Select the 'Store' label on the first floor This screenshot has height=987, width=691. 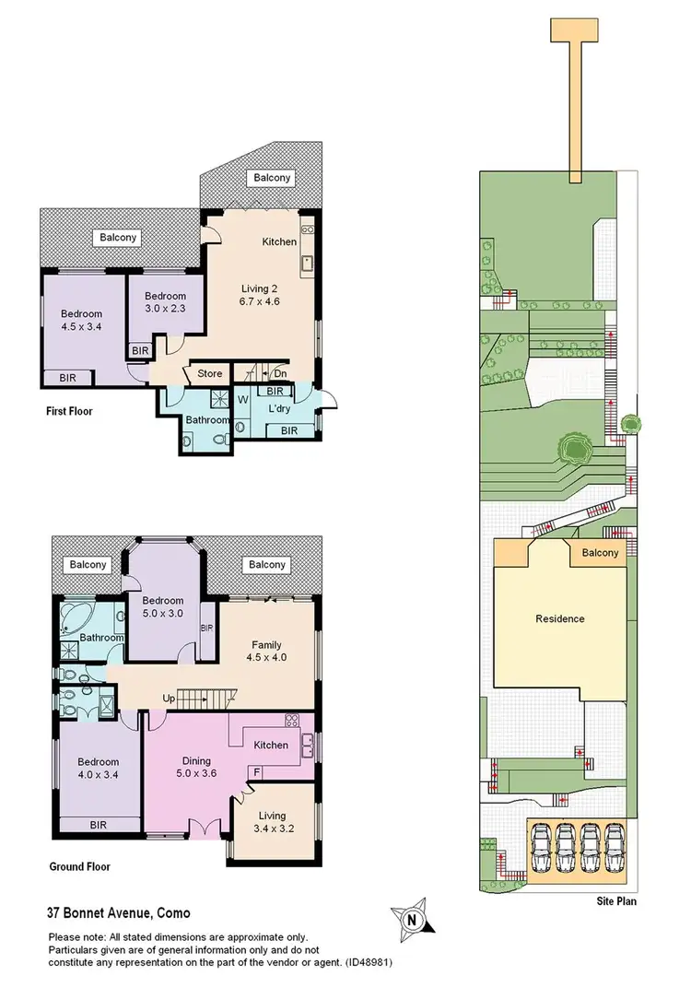(x=209, y=374)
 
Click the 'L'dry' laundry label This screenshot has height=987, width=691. (x=280, y=407)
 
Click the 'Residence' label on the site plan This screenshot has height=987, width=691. (x=560, y=618)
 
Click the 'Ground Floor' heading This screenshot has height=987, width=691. (x=79, y=867)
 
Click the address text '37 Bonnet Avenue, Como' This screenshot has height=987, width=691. (x=119, y=913)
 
